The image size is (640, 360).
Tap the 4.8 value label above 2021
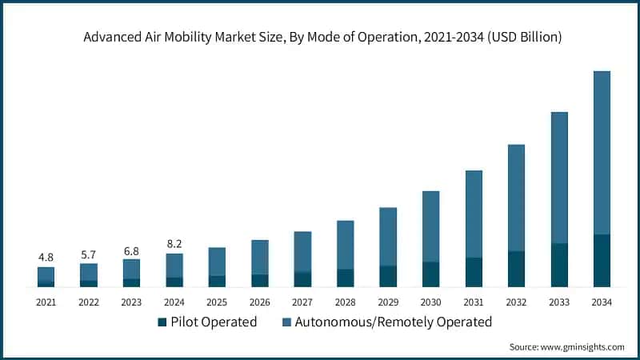point(46,257)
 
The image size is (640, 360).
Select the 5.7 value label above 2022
point(88,254)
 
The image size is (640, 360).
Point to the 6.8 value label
point(131,250)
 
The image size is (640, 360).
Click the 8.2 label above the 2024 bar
point(174,244)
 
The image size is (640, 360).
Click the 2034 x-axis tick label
point(602,302)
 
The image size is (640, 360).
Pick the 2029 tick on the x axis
point(387,302)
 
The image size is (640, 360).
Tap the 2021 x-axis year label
point(46,302)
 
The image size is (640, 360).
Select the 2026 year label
point(259,302)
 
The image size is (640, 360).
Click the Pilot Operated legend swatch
point(162,322)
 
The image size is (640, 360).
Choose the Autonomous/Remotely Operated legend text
point(393,322)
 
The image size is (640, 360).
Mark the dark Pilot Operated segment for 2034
point(602,260)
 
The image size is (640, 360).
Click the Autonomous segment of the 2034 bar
point(602,152)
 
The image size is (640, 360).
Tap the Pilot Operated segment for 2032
point(516,269)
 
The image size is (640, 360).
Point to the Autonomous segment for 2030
point(430,226)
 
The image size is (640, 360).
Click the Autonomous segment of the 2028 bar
point(345,245)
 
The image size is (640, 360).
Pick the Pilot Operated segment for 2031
point(474,272)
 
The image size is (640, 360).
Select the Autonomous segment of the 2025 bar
point(217,262)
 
